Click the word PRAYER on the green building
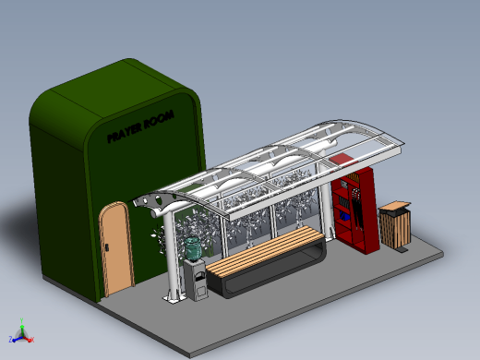point(125,132)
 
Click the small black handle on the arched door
point(107,246)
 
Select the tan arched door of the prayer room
point(116,248)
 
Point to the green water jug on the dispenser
point(192,248)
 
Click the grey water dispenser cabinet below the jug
point(196,280)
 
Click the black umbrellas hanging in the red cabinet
point(357,210)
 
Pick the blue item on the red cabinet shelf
point(345,217)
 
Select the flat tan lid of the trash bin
point(395,206)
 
